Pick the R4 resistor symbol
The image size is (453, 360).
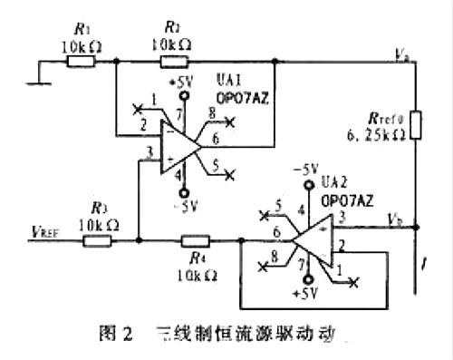point(195,241)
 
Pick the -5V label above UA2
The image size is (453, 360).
point(309,169)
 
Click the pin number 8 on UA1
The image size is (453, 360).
point(210,112)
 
